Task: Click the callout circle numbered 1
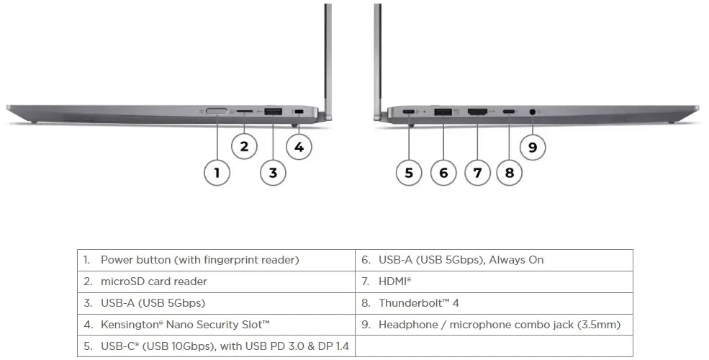click(217, 172)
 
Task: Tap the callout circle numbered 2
click(245, 147)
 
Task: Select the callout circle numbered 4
click(299, 147)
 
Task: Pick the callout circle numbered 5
click(409, 172)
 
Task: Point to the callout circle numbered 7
click(477, 172)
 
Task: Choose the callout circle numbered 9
click(533, 147)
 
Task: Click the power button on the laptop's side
click(217, 112)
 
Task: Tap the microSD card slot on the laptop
click(245, 112)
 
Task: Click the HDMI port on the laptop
click(477, 112)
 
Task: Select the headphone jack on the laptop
click(533, 112)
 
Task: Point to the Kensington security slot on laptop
click(299, 112)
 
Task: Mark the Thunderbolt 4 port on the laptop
click(509, 112)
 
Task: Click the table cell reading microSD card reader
click(153, 282)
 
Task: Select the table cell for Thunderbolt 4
click(419, 303)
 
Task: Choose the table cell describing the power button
click(199, 260)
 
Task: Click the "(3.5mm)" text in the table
click(599, 325)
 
